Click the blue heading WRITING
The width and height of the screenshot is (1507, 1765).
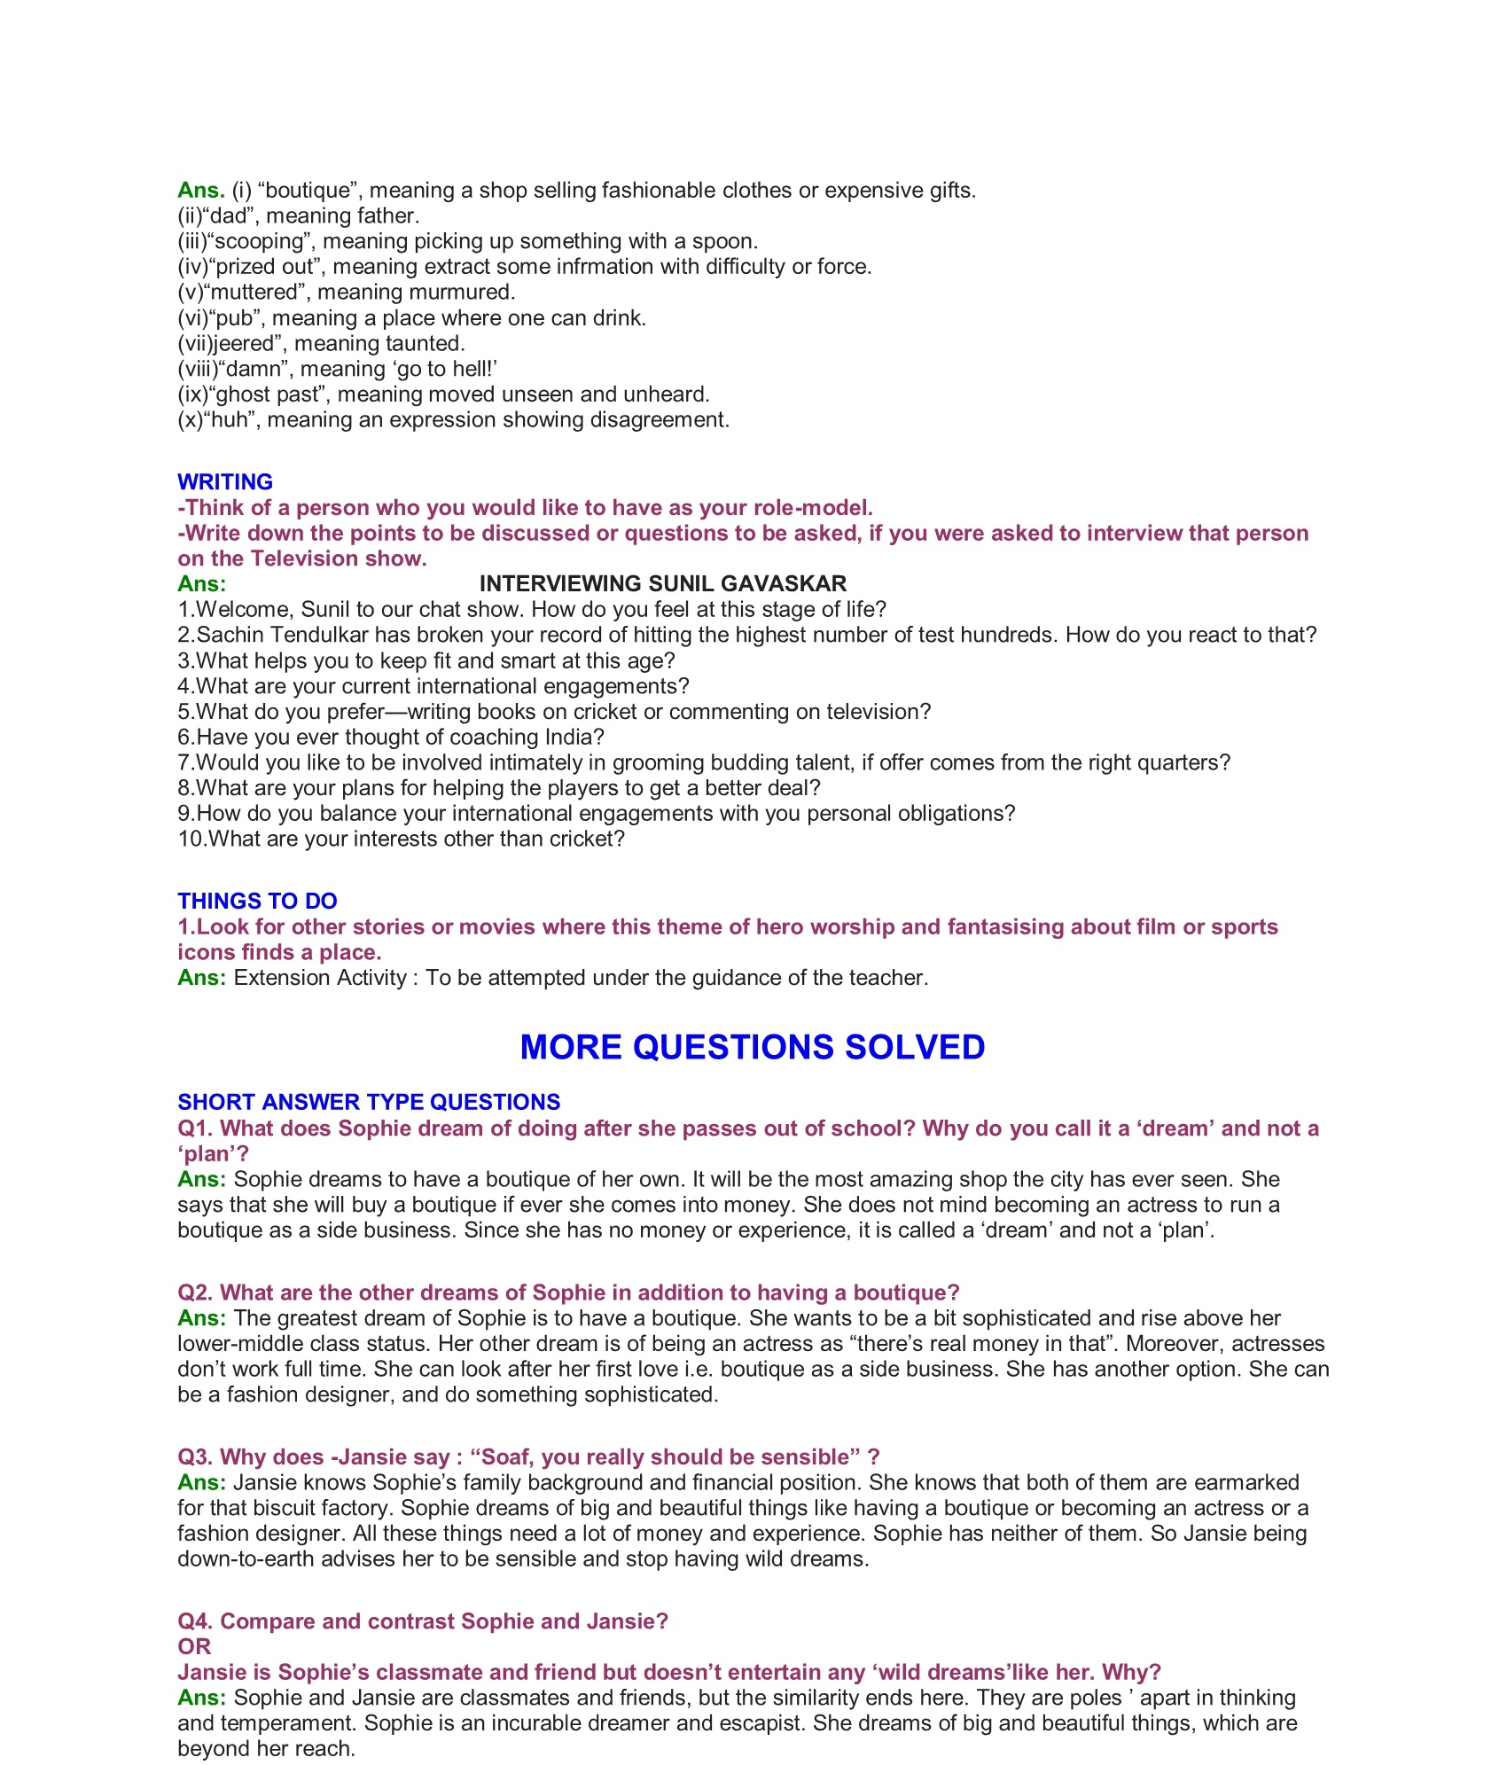tap(225, 481)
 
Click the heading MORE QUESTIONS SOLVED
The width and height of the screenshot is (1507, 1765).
tap(753, 1047)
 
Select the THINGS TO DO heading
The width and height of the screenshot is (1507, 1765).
tap(257, 901)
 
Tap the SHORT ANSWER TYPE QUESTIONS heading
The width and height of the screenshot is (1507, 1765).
tap(369, 1102)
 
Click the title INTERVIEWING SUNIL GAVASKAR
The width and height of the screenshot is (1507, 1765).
tap(663, 583)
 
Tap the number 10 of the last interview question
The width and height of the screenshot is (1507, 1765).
tap(189, 839)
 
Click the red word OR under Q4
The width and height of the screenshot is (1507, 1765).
tap(194, 1646)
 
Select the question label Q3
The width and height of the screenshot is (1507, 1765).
tap(195, 1457)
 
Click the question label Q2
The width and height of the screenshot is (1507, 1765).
tap(195, 1293)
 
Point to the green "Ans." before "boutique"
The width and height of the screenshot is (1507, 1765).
tap(201, 190)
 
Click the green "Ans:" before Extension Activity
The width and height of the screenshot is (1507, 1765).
tap(201, 977)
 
